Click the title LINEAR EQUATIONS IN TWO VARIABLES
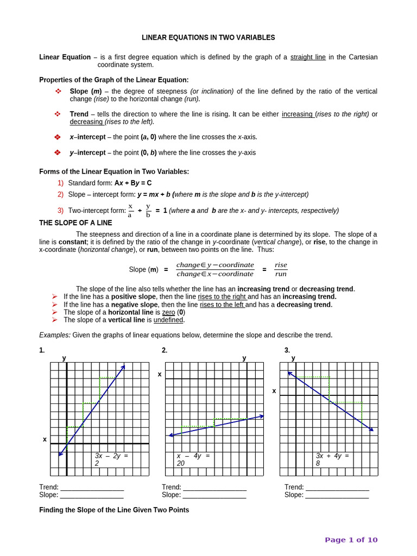click(208, 37)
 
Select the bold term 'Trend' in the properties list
click(79, 114)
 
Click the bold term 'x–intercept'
click(87, 137)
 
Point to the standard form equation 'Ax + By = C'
click(133, 183)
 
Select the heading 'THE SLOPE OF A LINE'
click(75, 223)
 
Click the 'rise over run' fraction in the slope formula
click(281, 269)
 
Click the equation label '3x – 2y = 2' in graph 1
click(111, 459)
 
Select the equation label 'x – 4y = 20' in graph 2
click(193, 459)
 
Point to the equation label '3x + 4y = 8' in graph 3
click(332, 459)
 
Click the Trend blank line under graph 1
click(92, 488)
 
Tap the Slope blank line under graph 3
click(337, 495)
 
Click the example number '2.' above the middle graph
click(165, 350)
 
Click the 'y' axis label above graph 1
click(64, 358)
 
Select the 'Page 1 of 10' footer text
click(351, 540)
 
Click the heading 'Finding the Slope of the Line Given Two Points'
click(114, 510)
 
